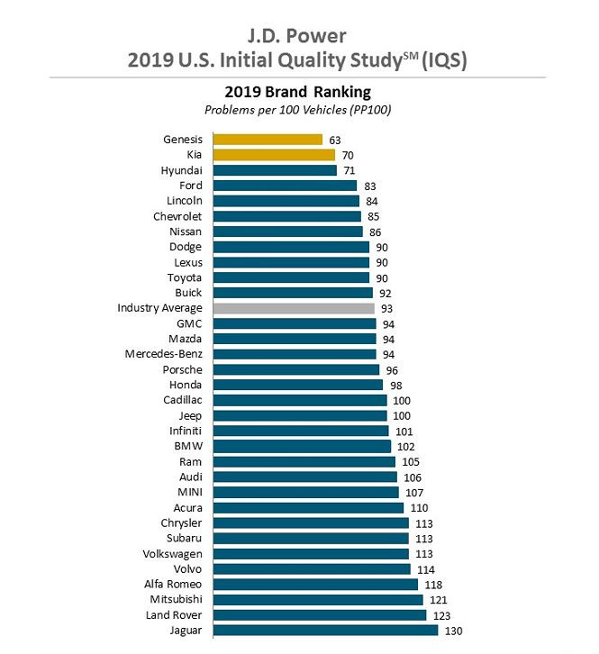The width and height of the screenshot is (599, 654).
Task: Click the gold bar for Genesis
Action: point(268,140)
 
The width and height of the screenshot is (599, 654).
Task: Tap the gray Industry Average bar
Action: point(294,308)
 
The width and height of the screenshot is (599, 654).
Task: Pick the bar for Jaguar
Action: point(325,631)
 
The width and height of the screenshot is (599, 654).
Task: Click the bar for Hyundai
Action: point(275,170)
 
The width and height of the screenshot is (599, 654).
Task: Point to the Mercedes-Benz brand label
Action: point(164,354)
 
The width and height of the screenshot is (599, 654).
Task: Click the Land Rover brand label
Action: point(171,614)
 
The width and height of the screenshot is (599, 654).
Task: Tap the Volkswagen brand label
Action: point(172,553)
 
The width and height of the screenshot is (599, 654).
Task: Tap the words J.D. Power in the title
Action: point(298,37)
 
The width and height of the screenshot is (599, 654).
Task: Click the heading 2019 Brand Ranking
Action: point(297,92)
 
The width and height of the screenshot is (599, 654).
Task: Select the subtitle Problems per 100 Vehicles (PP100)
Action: point(297,110)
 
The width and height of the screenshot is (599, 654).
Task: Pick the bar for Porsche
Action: point(296,369)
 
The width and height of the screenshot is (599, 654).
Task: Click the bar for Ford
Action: point(285,186)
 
